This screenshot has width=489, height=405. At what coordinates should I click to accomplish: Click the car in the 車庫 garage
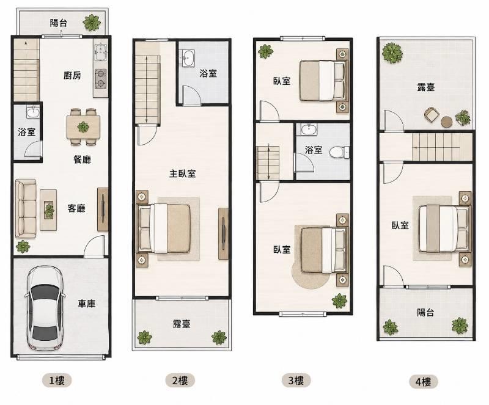pos(45,308)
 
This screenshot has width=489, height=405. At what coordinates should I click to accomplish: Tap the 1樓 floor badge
pos(57,381)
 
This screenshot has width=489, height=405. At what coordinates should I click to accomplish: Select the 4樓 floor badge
pos(423,382)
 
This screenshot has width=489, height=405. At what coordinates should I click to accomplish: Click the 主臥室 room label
pos(182,173)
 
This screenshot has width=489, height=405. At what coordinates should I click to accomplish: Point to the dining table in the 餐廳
pos(83,127)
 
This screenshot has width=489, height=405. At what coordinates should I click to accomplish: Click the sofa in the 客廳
pos(26,208)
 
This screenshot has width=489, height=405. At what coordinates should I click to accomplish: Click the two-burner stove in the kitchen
pos(100,78)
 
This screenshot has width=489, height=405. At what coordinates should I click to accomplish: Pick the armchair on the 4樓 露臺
pos(432,114)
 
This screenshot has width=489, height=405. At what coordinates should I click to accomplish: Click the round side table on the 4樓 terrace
pos(447,122)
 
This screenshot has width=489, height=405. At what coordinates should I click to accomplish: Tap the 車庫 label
pos(86,304)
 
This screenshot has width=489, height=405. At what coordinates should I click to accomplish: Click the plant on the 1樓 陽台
pos(92,23)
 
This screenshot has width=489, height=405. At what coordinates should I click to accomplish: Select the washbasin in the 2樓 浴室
pos(188,57)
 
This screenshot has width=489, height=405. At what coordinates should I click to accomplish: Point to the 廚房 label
pos(72,75)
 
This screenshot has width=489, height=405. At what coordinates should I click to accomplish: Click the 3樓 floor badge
pos(296,381)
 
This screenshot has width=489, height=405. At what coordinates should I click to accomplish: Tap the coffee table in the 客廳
pos(48,210)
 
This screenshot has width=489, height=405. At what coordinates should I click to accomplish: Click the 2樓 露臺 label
pos(182,324)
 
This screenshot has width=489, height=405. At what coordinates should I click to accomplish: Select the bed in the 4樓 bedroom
pos(444,229)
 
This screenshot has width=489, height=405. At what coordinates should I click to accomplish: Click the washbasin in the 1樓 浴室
pos(33,112)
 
